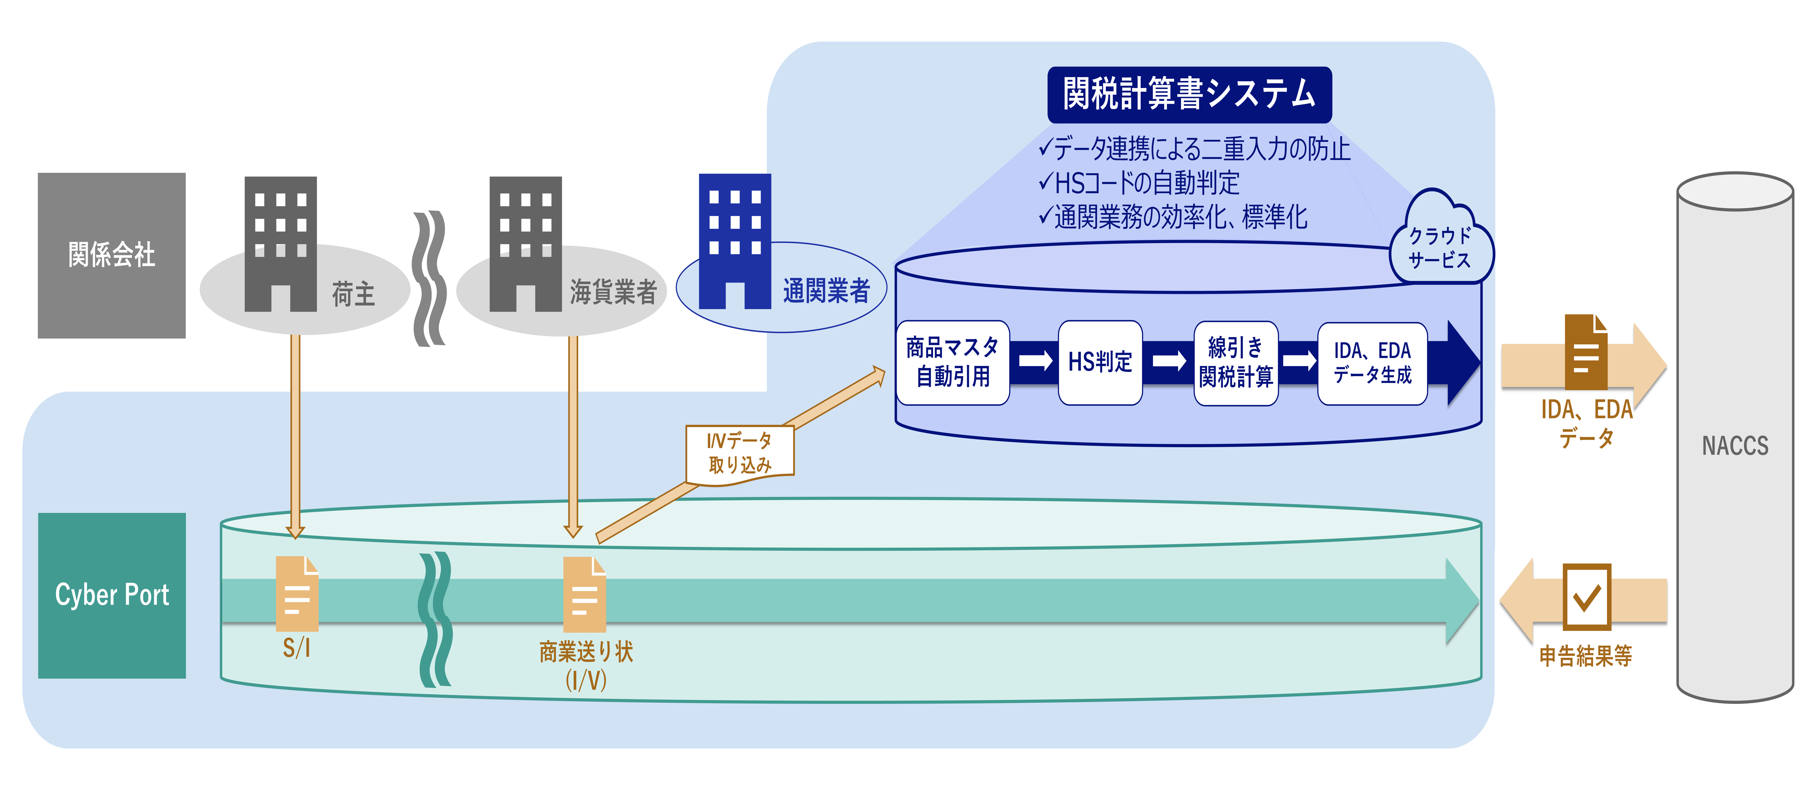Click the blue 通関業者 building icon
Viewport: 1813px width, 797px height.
pos(735,241)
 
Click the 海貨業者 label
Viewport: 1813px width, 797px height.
pos(613,291)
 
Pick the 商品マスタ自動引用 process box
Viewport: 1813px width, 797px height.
pos(952,362)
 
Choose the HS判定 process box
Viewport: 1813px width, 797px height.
pos(1100,362)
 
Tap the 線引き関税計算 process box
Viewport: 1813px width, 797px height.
pos(1236,362)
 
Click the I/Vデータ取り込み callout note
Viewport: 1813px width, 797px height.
pos(740,454)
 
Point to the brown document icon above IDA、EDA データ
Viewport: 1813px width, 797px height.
pos(1586,352)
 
